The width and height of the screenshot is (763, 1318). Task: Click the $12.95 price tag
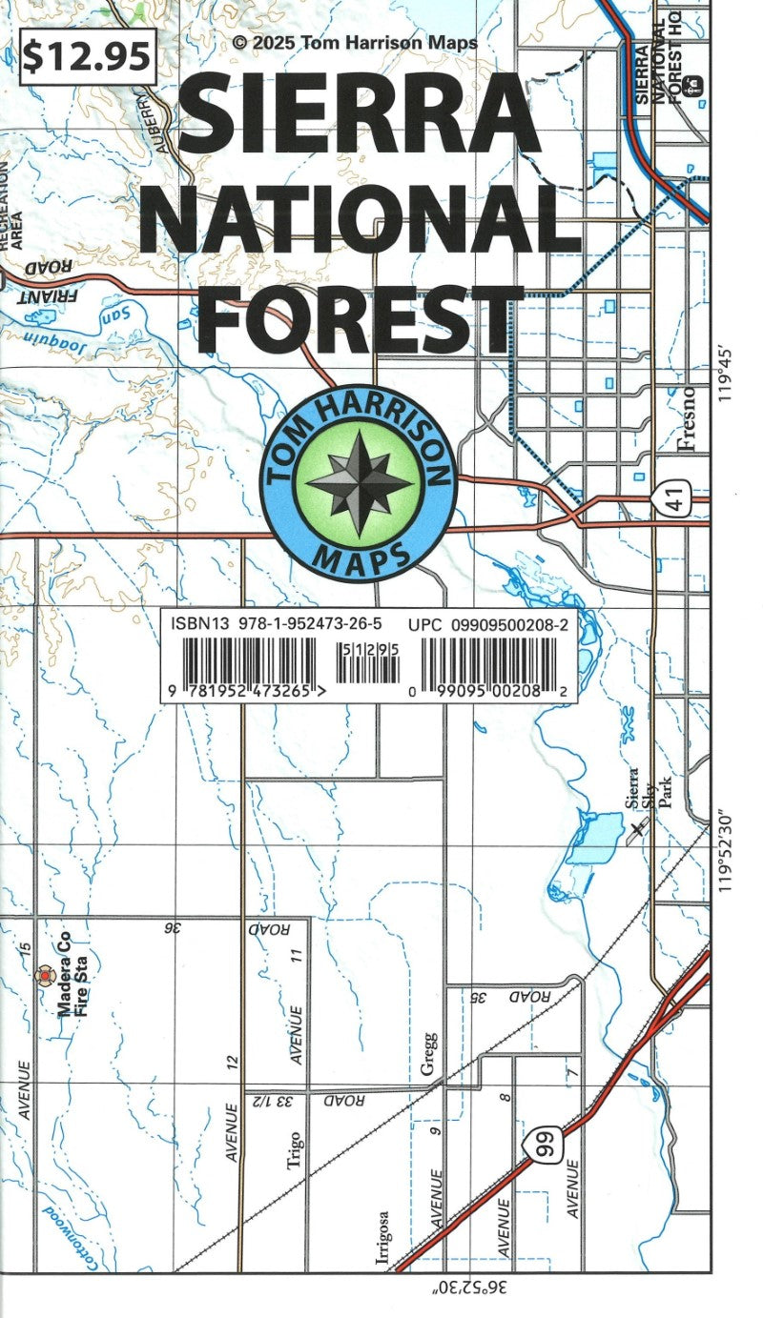click(87, 57)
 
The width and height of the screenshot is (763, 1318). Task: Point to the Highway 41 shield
click(677, 504)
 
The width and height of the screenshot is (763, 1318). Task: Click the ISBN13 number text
click(276, 624)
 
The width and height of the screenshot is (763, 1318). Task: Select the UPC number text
click(486, 624)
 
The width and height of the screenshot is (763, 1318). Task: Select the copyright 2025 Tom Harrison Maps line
click(354, 43)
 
